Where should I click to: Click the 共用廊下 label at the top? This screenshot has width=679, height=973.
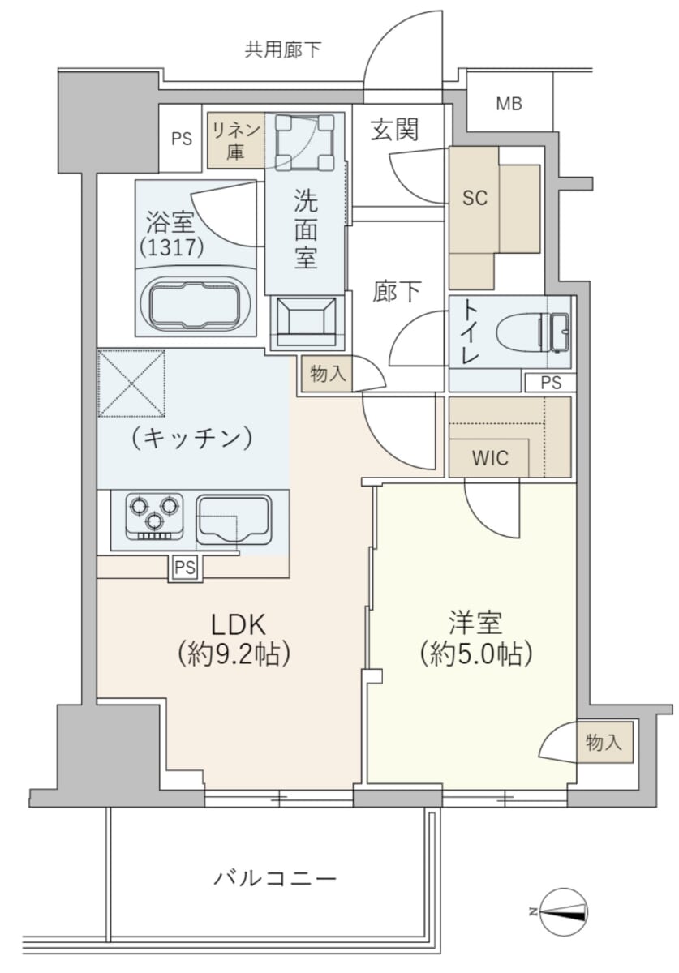coord(282,49)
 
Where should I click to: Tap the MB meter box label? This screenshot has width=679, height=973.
coord(509,105)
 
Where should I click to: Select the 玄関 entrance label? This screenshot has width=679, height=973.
coord(395,129)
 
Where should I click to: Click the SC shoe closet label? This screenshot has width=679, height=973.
coord(475,199)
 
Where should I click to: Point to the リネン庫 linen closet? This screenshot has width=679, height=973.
coord(236,140)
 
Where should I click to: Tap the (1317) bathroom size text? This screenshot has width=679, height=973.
coord(172,247)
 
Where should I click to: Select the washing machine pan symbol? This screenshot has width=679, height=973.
coord(306,142)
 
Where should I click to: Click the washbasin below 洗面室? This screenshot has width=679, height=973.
coord(307,323)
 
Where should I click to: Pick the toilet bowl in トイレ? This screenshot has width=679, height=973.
coord(531,332)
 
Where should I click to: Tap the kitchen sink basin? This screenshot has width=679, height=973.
coord(234,520)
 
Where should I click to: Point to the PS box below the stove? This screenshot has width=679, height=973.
coord(186,568)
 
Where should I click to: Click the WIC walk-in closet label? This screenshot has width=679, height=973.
coord(490,457)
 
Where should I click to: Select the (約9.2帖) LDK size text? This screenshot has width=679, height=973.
coord(234,654)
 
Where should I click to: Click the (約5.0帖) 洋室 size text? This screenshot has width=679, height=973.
coord(476,654)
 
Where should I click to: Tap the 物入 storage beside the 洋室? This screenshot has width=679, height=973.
coord(604,743)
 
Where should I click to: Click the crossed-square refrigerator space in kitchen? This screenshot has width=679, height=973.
coord(132,384)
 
